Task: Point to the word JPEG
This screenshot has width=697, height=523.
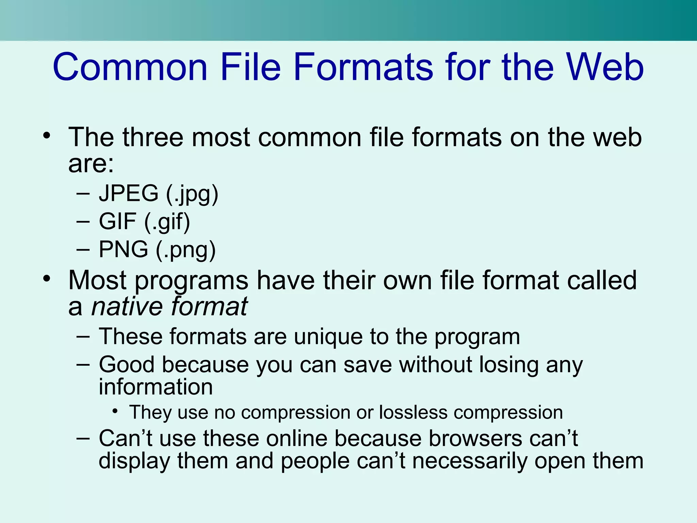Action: click(129, 193)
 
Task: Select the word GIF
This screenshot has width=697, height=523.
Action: click(117, 221)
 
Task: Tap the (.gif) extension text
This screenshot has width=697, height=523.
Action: click(167, 222)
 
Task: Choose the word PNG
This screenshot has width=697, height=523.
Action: click(123, 249)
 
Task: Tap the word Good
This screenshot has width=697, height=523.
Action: click(127, 365)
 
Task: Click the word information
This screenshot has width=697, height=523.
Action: click(156, 387)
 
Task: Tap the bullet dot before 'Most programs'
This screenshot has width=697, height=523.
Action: click(47, 279)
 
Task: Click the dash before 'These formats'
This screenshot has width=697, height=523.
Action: click(83, 337)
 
